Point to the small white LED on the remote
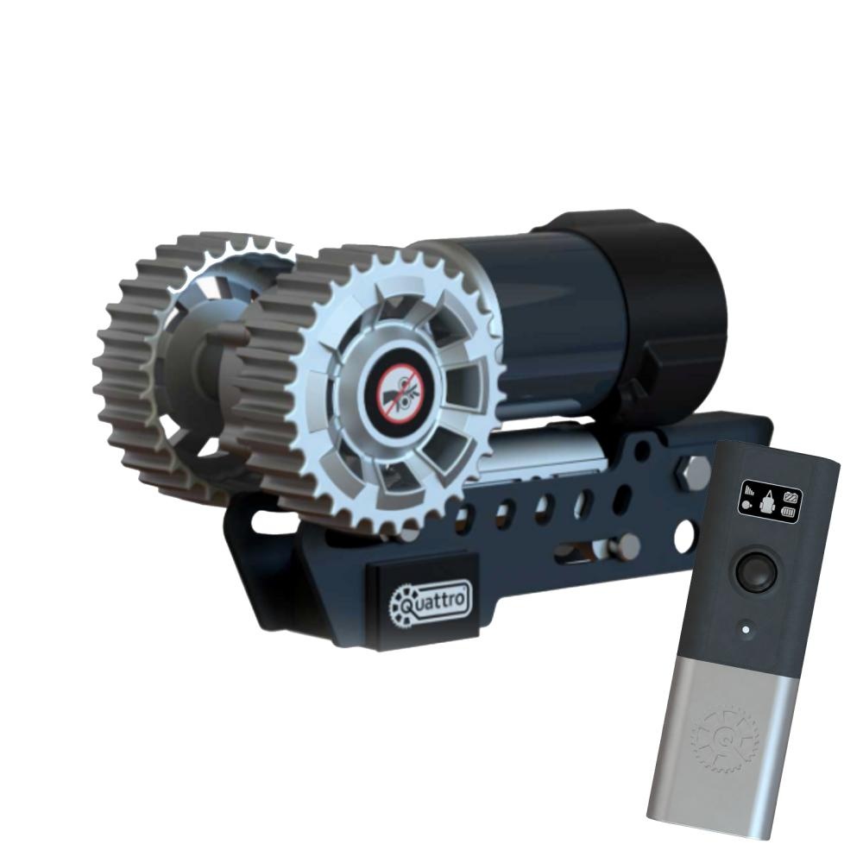pos(746,629)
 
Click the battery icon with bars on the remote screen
pos(790,513)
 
